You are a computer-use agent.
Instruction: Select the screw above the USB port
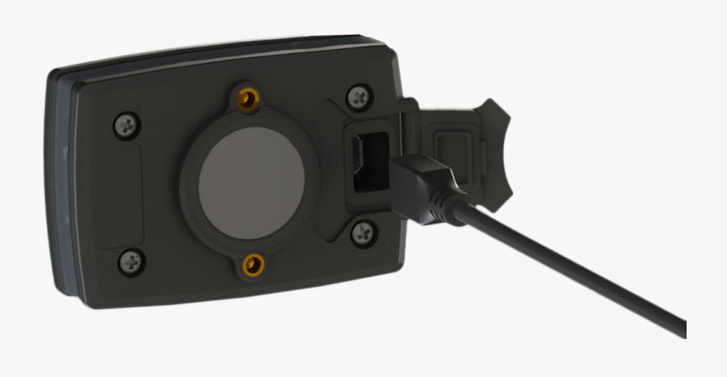coord(359,98)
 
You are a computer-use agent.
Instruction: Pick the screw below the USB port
coord(363,233)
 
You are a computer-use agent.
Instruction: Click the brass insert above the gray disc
coord(248,98)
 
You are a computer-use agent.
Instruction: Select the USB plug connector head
coord(420,182)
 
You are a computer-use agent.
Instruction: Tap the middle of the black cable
coord(565,266)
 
